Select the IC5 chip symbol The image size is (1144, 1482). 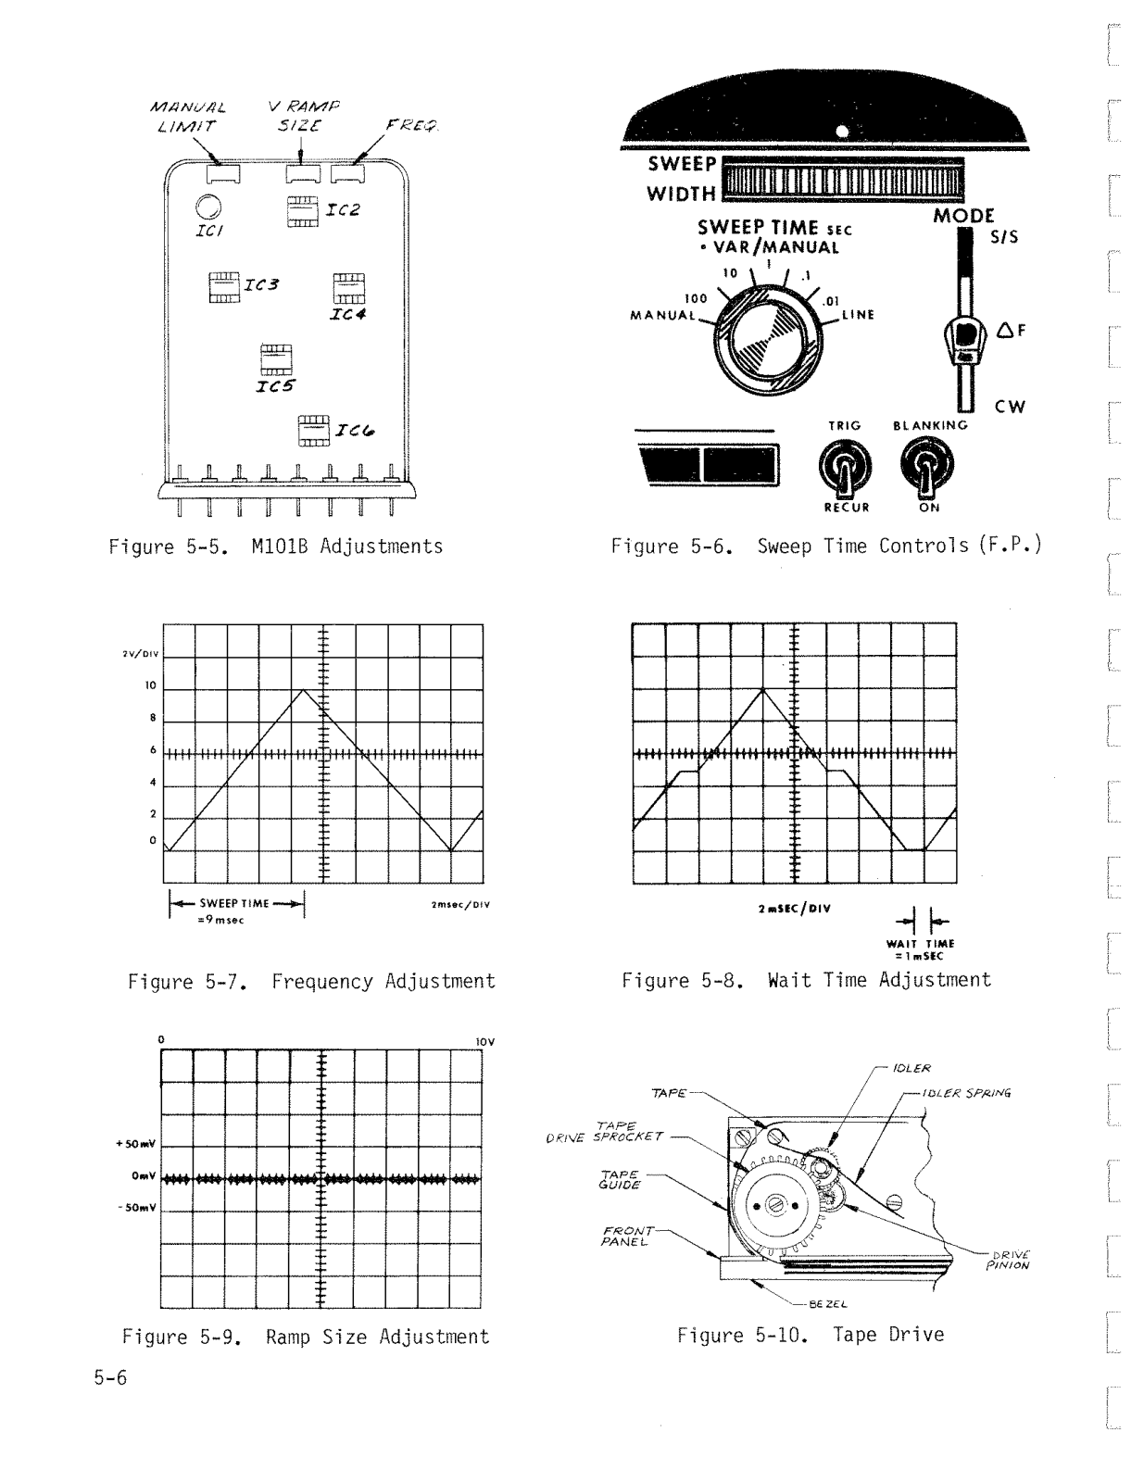click(276, 359)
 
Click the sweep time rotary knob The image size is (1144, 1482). click(766, 338)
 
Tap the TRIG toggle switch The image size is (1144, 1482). click(846, 467)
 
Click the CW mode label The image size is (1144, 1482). click(1011, 407)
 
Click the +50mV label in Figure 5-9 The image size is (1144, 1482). click(134, 1143)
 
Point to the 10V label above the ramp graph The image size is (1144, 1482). click(485, 1041)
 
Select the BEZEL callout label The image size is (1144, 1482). click(829, 1303)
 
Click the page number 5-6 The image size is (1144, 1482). click(109, 1377)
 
